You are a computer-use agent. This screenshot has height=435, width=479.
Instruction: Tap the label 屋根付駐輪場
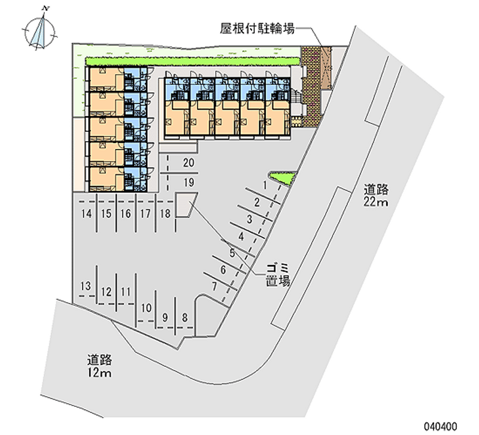point(257,28)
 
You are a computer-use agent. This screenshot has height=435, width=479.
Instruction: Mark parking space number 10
point(146,308)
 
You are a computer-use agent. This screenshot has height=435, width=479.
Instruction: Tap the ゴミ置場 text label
point(278,275)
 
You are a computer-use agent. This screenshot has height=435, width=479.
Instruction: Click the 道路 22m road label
point(376,196)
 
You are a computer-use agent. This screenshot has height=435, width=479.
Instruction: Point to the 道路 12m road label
point(99,366)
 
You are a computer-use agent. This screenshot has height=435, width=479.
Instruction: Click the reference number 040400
point(440,426)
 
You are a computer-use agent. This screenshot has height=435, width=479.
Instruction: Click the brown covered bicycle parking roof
point(326,68)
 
